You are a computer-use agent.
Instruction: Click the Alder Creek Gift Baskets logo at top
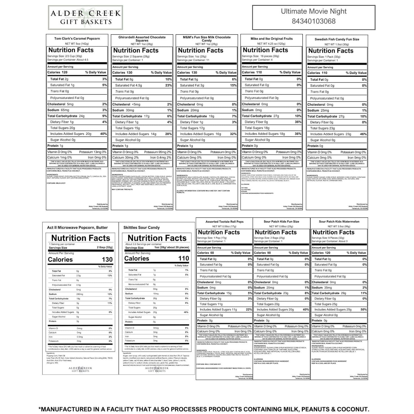pyautogui.click(x=85, y=17)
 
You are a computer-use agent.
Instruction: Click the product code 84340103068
pyautogui.click(x=313, y=21)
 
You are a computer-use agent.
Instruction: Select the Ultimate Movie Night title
pyautogui.click(x=313, y=11)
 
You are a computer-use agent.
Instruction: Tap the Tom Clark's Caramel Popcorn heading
pyautogui.click(x=77, y=39)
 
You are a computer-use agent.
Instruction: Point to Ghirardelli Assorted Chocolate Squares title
pyautogui.click(x=142, y=39)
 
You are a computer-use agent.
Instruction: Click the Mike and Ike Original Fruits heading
pyautogui.click(x=271, y=39)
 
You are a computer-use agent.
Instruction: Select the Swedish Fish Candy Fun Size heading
pyautogui.click(x=337, y=39)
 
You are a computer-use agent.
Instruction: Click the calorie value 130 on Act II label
pyautogui.click(x=107, y=259)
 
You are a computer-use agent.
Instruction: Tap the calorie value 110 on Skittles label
pyautogui.click(x=184, y=258)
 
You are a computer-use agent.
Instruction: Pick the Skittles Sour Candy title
pyautogui.click(x=141, y=228)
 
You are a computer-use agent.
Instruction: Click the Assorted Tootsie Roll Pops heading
pyautogui.click(x=224, y=222)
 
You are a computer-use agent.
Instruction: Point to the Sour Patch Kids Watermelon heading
pyautogui.click(x=339, y=222)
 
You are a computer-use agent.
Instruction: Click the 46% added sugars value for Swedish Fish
pyautogui.click(x=363, y=134)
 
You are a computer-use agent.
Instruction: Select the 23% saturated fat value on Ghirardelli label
pyautogui.click(x=168, y=85)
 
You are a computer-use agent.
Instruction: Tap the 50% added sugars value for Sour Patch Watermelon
pyautogui.click(x=363, y=310)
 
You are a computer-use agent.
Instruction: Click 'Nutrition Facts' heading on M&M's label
pyautogui.click(x=201, y=50)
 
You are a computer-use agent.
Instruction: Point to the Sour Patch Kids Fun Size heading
pyautogui.click(x=281, y=222)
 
